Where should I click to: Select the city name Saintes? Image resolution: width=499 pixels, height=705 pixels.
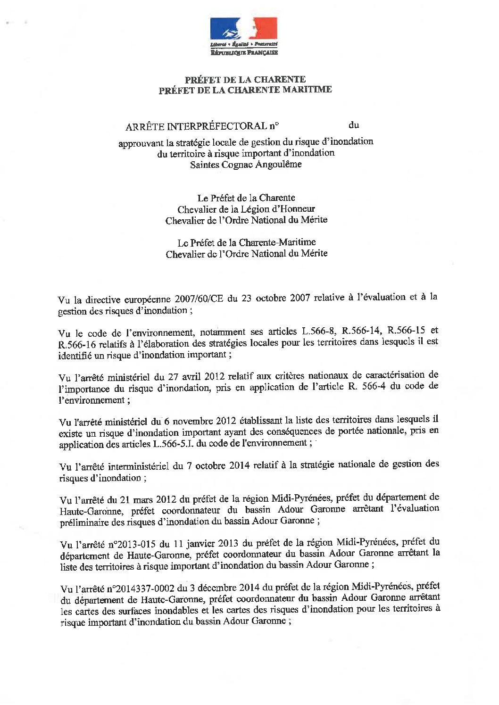(203, 165)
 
